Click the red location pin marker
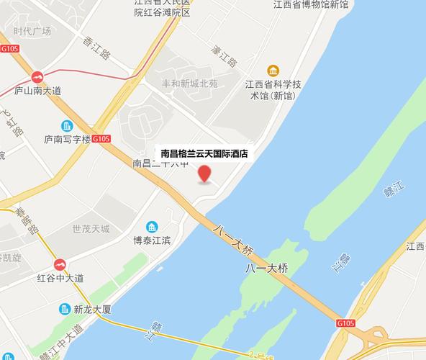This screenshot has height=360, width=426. pyautogui.click(x=205, y=174)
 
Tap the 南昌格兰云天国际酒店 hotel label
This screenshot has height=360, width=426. pyautogui.click(x=204, y=153)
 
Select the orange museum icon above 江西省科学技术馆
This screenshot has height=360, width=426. pyautogui.click(x=273, y=71)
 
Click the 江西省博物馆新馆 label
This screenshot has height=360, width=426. pyautogui.click(x=311, y=5)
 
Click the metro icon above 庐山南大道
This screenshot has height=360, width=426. pyautogui.click(x=37, y=76)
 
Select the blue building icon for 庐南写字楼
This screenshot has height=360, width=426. pyautogui.click(x=67, y=126)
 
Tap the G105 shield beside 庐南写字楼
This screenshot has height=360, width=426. pyautogui.click(x=101, y=139)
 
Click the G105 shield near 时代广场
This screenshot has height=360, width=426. pyautogui.click(x=9, y=49)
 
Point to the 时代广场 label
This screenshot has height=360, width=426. pyautogui.click(x=32, y=31)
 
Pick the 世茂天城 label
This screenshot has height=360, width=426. pyautogui.click(x=91, y=229)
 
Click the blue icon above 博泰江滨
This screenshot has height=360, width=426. pyautogui.click(x=152, y=227)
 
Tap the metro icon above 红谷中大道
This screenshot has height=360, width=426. pyautogui.click(x=60, y=264)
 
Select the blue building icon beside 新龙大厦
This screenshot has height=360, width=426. pyautogui.click(x=65, y=310)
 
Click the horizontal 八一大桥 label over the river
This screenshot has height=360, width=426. pyautogui.click(x=266, y=269)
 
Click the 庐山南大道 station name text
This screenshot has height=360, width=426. pyautogui.click(x=37, y=90)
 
